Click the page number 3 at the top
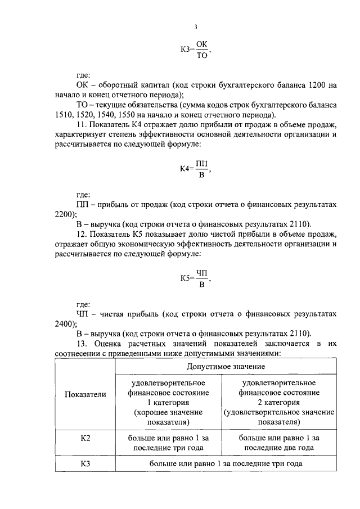[x=196, y=27]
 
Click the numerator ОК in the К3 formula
[x=202, y=44]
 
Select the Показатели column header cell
[x=85, y=394]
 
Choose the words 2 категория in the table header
[x=280, y=403]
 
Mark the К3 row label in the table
[x=85, y=464]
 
